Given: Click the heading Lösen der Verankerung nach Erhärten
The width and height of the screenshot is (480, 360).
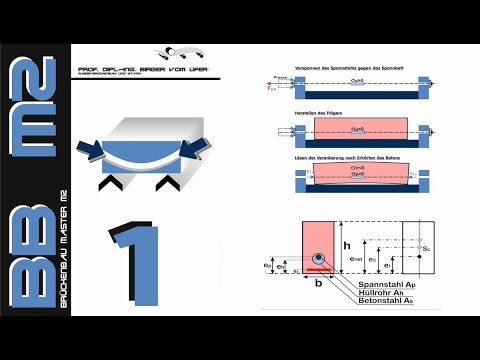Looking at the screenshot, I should coord(341,157).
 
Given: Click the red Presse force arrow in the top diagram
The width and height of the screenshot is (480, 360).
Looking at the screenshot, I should coord(273,87).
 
